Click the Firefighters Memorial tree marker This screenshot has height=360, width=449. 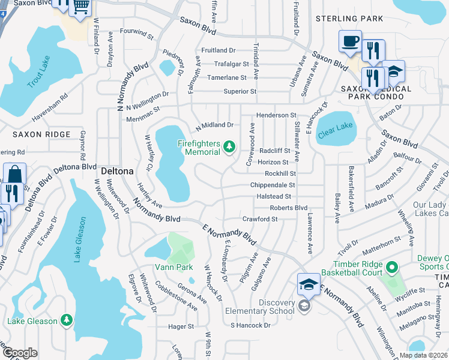pyautogui.click(x=228, y=146)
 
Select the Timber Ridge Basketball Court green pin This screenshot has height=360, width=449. pyautogui.click(x=392, y=266)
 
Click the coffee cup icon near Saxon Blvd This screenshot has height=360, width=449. pyautogui.click(x=350, y=41)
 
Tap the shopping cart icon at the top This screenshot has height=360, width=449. pyautogui.click(x=80, y=7)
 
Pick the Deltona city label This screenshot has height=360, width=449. pyautogui.click(x=117, y=170)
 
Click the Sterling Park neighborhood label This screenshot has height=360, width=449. pyautogui.click(x=349, y=19)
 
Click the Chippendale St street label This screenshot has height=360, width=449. pyautogui.click(x=273, y=185)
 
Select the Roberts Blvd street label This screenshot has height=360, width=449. pyautogui.click(x=288, y=208)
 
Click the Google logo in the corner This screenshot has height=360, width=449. pyautogui.click(x=20, y=353)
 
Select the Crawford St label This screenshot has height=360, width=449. pyautogui.click(x=260, y=219)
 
